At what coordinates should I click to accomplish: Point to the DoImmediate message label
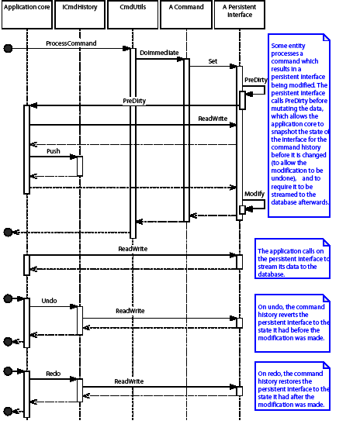(x=159, y=53)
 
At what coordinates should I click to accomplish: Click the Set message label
(x=213, y=60)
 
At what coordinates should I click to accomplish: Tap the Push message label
(x=53, y=150)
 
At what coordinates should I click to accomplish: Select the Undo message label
(x=50, y=300)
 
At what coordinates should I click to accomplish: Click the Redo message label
(x=53, y=373)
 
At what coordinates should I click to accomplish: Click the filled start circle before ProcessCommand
(x=9, y=49)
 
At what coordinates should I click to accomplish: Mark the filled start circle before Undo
(x=9, y=298)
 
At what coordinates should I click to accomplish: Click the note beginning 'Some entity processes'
(x=299, y=125)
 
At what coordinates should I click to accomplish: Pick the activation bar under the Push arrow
(x=80, y=166)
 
